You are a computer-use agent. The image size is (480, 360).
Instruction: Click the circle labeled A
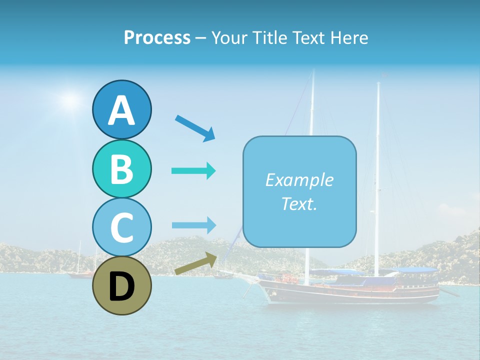click(x=121, y=109)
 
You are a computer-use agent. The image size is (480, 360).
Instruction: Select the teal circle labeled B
click(x=121, y=168)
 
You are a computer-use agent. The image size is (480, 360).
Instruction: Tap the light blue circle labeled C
click(x=121, y=227)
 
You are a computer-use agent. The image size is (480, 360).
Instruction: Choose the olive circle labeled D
click(x=121, y=286)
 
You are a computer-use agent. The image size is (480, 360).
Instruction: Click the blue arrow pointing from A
click(x=195, y=128)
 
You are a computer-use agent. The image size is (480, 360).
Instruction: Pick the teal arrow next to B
click(x=193, y=171)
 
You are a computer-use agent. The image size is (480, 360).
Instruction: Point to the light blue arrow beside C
click(x=193, y=225)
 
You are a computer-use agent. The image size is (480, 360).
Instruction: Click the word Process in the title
click(x=157, y=37)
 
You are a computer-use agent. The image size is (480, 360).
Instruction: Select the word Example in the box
click(x=299, y=180)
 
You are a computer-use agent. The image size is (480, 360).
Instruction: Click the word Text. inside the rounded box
click(x=299, y=203)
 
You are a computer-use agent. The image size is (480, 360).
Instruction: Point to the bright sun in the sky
click(x=71, y=101)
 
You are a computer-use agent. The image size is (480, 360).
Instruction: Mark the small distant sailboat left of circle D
click(x=80, y=270)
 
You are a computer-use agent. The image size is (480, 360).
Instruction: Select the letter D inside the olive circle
click(x=121, y=286)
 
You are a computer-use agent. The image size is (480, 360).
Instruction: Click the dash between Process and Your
click(x=201, y=38)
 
